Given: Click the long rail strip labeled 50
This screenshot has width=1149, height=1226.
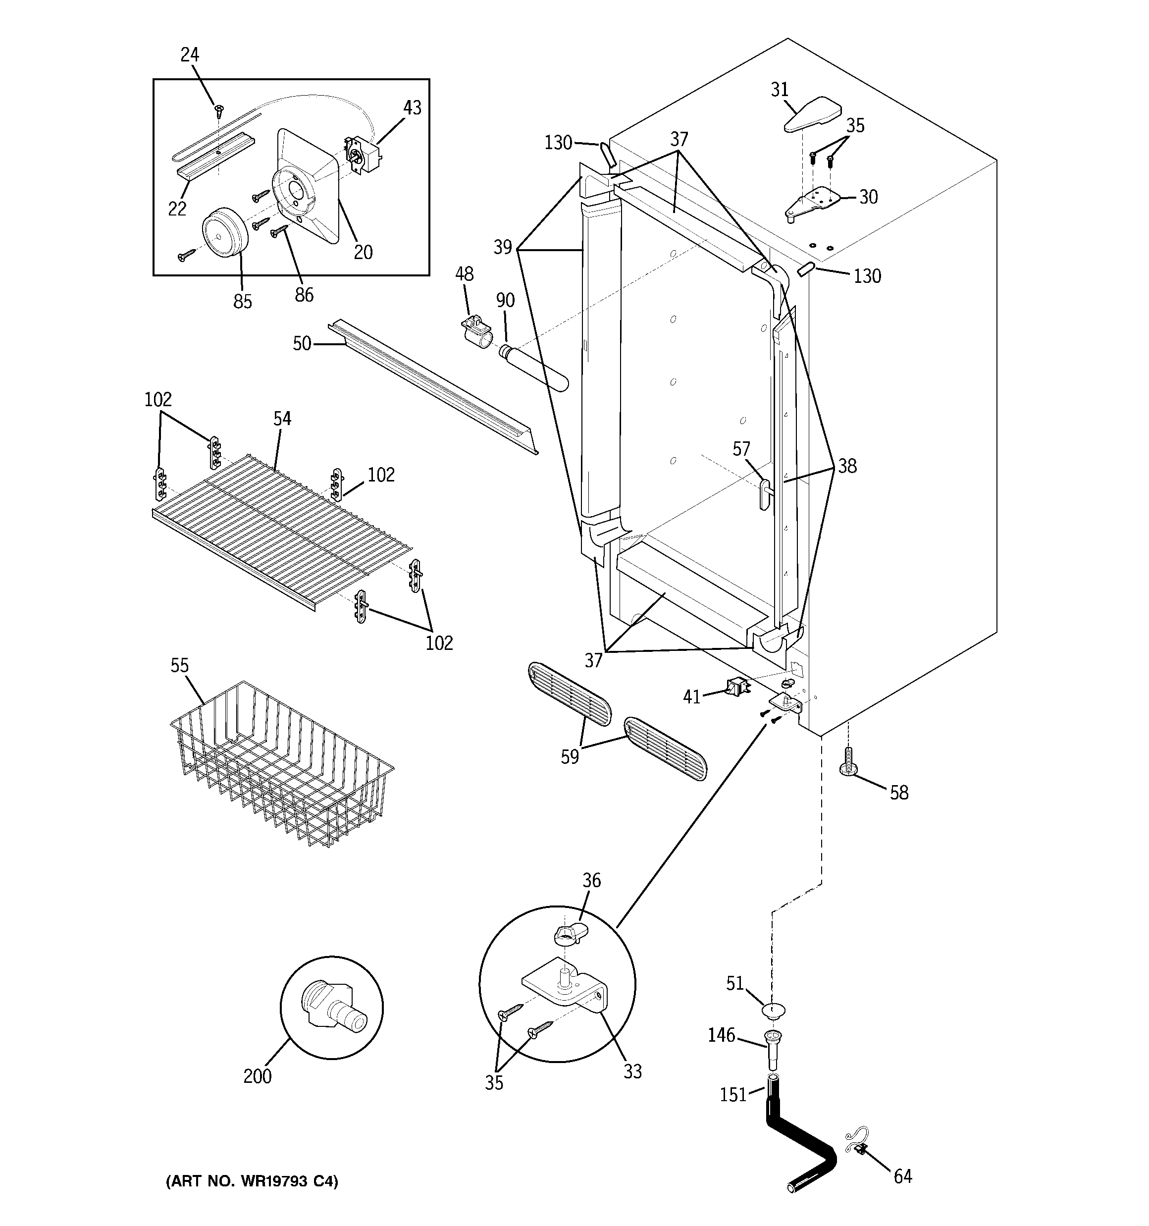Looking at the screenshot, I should [x=432, y=388].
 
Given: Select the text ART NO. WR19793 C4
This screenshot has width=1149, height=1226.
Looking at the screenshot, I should [x=252, y=1181].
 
